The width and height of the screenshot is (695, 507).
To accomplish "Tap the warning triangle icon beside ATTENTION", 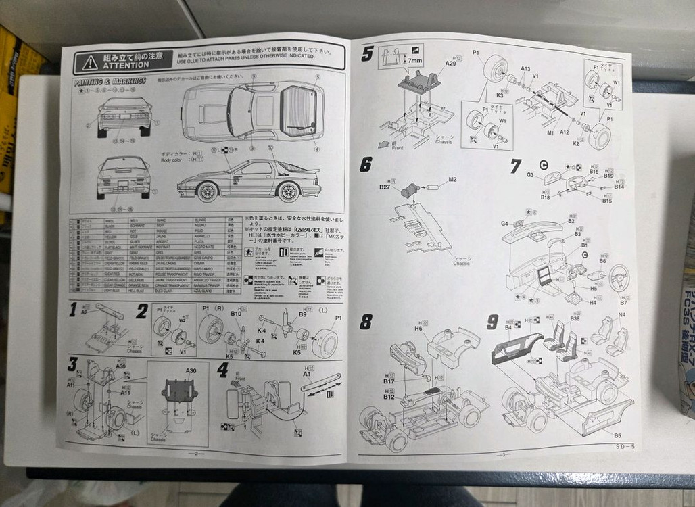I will click(90, 62).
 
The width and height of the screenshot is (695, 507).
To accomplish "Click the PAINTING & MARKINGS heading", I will click(109, 82).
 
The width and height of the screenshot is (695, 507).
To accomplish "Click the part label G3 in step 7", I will click(531, 175).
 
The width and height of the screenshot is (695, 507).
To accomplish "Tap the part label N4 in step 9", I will click(621, 315).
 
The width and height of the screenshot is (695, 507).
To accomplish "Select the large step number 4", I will click(223, 370).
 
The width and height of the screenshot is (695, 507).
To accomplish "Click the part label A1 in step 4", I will click(306, 373).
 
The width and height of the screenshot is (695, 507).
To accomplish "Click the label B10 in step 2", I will click(237, 314).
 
